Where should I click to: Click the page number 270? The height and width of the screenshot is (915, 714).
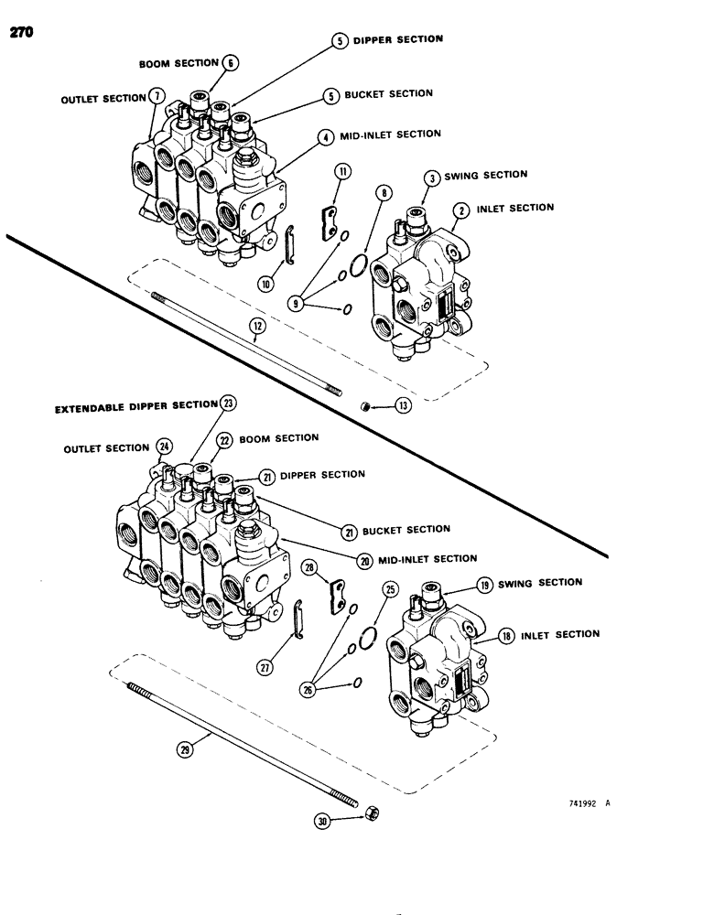21,34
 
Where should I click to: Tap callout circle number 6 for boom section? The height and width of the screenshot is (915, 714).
230,62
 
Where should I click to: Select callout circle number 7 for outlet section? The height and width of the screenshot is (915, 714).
157,96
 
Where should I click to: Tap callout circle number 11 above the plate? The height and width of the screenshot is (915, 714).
341,171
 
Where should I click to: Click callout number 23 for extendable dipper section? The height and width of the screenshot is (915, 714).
227,403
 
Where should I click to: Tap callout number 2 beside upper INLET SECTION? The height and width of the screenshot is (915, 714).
463,210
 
